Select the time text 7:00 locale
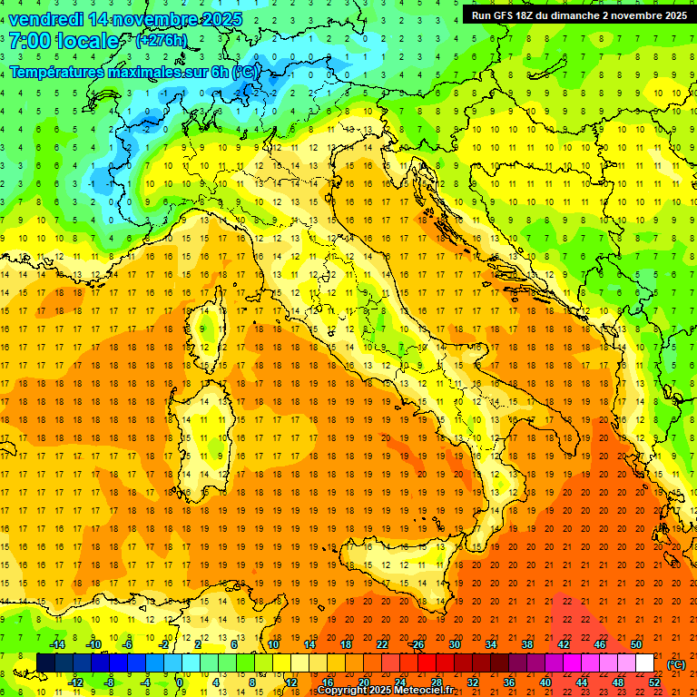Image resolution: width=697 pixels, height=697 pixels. coord(64,41)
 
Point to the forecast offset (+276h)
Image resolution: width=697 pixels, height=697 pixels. coord(161,41)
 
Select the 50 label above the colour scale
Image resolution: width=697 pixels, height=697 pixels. coord(636,644)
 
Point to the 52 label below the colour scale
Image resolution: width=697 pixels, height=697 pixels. coord(654,682)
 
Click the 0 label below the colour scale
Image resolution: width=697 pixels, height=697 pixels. coord(181,682)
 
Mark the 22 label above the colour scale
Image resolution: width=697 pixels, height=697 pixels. coord(381,644)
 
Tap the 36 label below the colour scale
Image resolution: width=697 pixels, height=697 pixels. coord(509,682)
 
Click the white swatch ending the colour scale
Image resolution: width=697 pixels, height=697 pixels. coord(644,663)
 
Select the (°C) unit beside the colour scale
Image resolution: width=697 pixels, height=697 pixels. coord(676,664)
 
